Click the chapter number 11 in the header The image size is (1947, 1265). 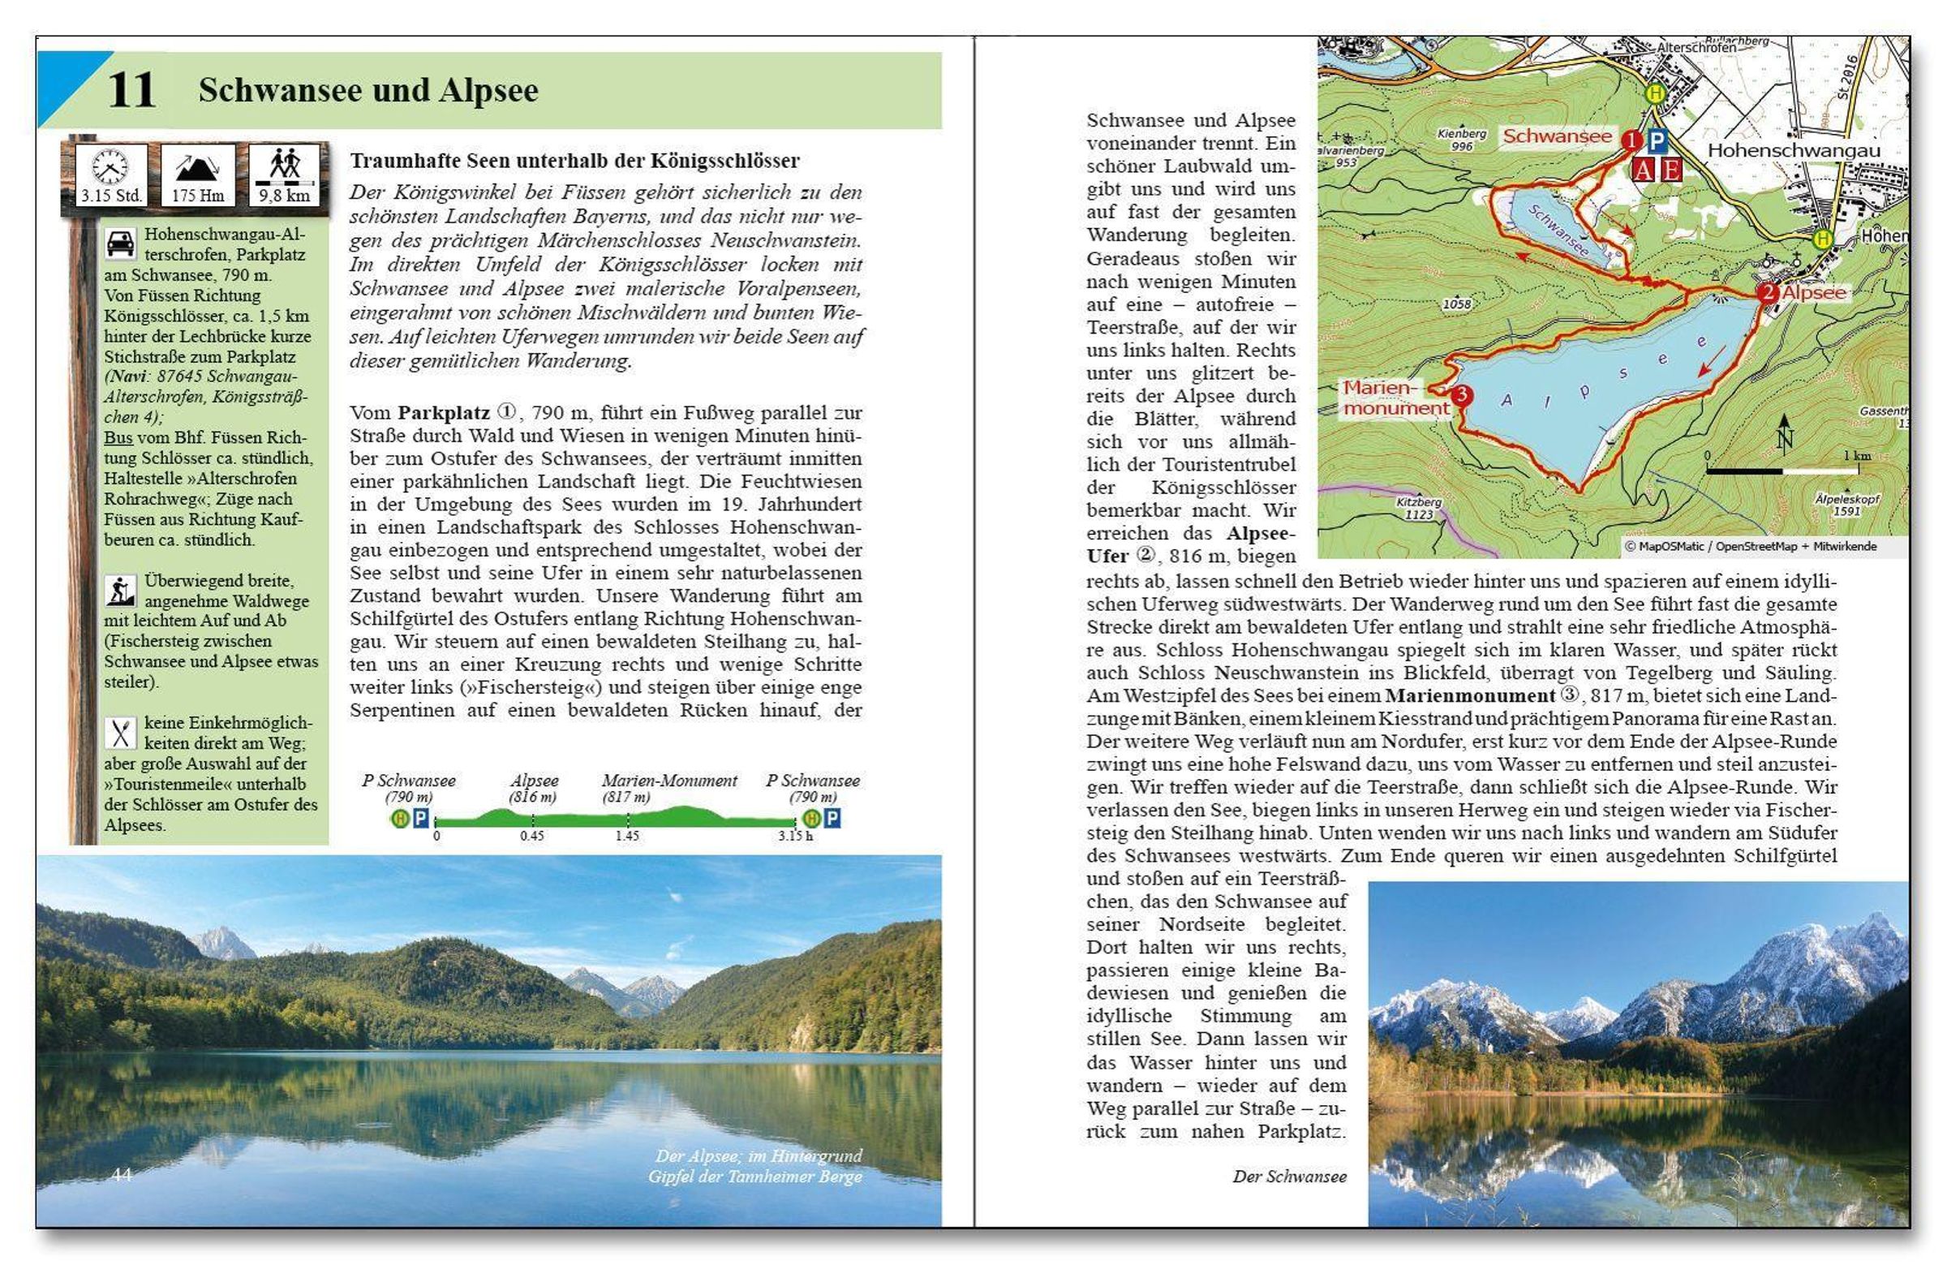[x=131, y=90]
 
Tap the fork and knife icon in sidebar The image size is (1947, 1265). [x=120, y=734]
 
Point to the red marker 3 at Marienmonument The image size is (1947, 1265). [x=1461, y=396]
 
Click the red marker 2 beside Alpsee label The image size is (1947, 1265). [x=1767, y=293]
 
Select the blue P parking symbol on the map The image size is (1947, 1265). [x=1657, y=141]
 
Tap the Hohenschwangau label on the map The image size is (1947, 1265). [x=1793, y=152]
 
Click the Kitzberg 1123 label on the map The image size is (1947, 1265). [x=1420, y=508]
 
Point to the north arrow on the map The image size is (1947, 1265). [x=1784, y=434]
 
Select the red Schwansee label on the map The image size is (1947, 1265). [x=1557, y=136]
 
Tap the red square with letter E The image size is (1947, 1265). [x=1670, y=170]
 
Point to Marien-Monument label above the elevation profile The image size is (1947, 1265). [x=669, y=781]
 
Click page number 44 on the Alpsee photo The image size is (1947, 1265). [x=122, y=1174]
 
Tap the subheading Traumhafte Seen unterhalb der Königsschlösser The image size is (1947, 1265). [x=574, y=161]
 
